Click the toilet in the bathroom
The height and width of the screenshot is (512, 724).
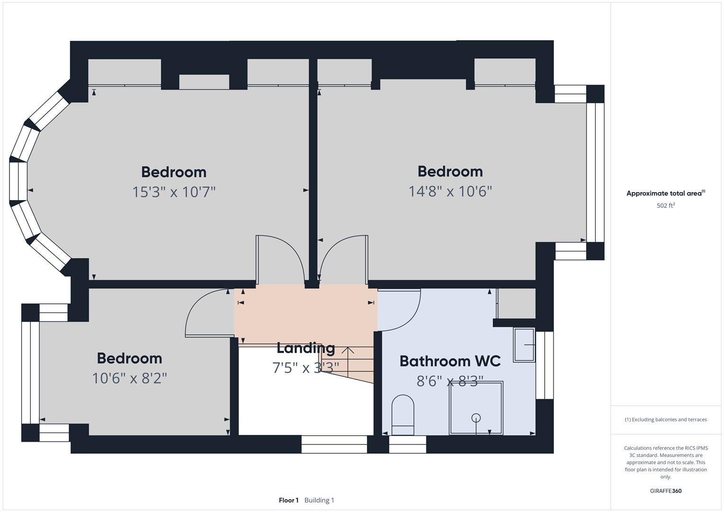click(x=403, y=415)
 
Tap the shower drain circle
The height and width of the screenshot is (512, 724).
click(x=476, y=418)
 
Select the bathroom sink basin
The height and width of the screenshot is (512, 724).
click(x=524, y=345)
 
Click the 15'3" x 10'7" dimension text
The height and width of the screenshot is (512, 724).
click(x=174, y=192)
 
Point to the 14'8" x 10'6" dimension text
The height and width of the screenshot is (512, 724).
click(x=450, y=191)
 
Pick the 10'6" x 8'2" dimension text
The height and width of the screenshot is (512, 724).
click(x=129, y=378)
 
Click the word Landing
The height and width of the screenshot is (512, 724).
click(x=305, y=348)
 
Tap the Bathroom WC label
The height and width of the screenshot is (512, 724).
click(x=449, y=361)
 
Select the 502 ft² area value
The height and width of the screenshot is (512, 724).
click(x=665, y=206)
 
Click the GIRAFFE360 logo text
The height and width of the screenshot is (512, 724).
click(x=665, y=491)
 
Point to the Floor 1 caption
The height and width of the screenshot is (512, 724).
click(x=288, y=500)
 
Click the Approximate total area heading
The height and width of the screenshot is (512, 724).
click(x=665, y=193)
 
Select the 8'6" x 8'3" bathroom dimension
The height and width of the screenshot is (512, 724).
click(x=449, y=381)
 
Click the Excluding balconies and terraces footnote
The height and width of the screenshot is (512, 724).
click(x=665, y=420)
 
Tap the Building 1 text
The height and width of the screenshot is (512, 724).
click(x=319, y=500)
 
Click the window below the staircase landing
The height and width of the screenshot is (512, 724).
click(x=334, y=444)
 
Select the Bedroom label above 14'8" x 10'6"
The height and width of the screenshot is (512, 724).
click(x=450, y=171)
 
